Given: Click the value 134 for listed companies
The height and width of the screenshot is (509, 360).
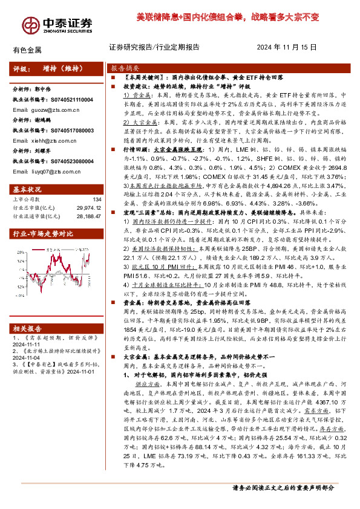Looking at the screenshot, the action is click(x=96, y=199).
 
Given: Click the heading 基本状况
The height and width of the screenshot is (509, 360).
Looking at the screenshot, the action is click(x=27, y=189).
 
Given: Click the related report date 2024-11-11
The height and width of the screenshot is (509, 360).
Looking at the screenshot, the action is click(x=26, y=344).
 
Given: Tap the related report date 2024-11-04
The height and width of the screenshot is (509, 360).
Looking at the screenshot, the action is click(x=26, y=358).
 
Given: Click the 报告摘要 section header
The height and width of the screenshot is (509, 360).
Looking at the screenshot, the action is click(x=124, y=68).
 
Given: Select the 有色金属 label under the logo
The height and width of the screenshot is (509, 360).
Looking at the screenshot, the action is click(x=27, y=50).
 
